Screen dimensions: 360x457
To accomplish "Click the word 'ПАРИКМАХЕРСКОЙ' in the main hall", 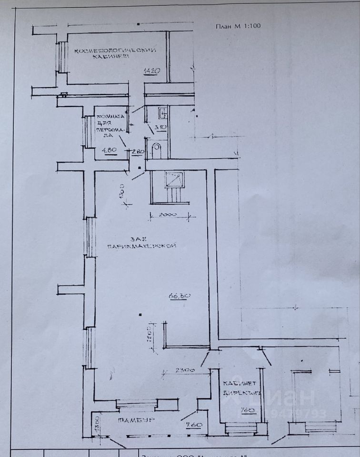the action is click(x=142, y=246).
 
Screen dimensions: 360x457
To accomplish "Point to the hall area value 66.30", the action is click(x=179, y=296).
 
